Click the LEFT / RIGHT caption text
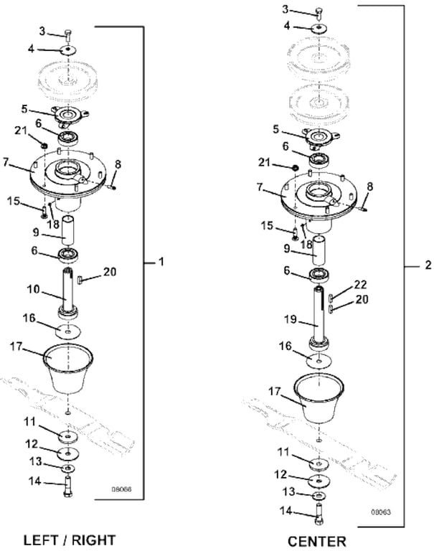[70, 540]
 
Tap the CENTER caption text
[316, 540]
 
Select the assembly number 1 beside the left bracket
[161, 263]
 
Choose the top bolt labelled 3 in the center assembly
[317, 11]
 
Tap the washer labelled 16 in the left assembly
[67, 333]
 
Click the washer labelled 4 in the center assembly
[317, 27]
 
